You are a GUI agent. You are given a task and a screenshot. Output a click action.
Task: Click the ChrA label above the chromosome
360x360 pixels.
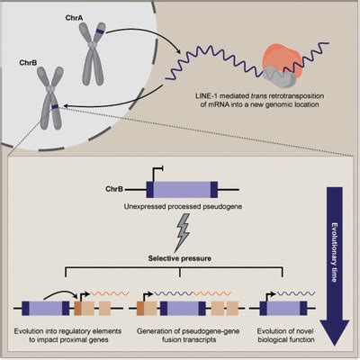(74, 18)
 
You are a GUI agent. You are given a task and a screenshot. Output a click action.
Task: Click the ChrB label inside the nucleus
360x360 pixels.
(28, 63)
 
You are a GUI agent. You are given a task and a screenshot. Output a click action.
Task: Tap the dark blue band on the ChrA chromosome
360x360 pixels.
(100, 31)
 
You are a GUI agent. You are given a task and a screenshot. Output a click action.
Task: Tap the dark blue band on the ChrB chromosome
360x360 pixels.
(55, 106)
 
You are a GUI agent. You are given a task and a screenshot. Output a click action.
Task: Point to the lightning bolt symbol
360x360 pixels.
(182, 232)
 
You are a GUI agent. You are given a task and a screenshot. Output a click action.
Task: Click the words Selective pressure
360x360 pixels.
(180, 258)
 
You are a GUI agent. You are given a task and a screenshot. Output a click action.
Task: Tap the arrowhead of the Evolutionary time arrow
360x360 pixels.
(335, 333)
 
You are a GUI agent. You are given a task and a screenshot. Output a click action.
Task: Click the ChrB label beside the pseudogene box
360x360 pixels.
(114, 189)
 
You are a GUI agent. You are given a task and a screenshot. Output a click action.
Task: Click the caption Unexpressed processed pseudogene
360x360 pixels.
(183, 207)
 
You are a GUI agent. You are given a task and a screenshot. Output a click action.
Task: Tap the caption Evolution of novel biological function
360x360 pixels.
(286, 336)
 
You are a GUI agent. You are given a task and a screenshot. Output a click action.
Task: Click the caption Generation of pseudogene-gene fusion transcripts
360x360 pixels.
(188, 336)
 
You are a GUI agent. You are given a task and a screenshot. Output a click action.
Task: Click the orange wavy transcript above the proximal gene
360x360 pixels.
(110, 293)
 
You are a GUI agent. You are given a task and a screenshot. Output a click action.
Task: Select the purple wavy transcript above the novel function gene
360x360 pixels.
(296, 293)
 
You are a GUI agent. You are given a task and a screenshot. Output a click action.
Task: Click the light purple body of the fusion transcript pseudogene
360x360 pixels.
(183, 309)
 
